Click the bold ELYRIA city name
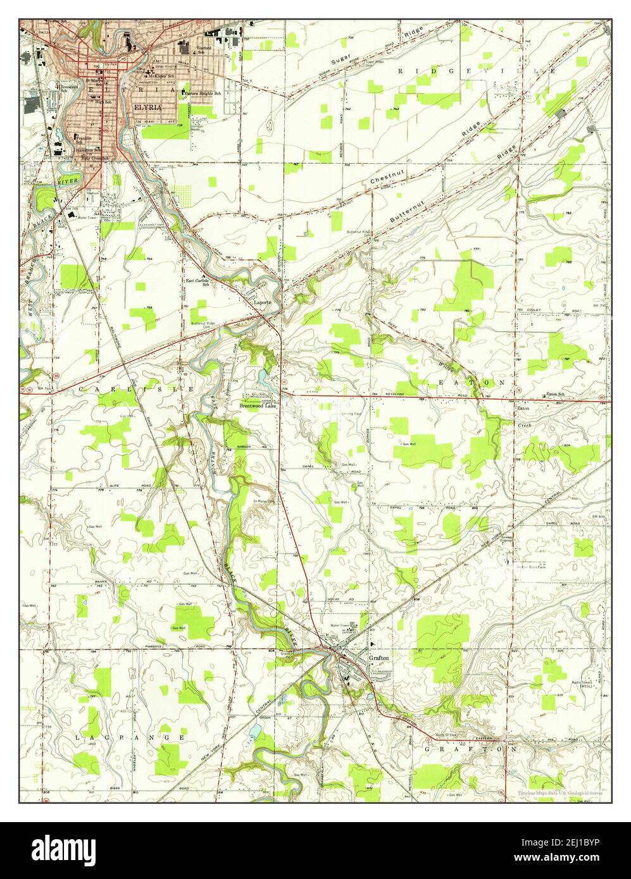click(147, 108)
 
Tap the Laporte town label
click(263, 302)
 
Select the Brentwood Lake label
click(256, 404)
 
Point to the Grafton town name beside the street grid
click(378, 658)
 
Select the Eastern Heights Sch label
click(203, 94)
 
